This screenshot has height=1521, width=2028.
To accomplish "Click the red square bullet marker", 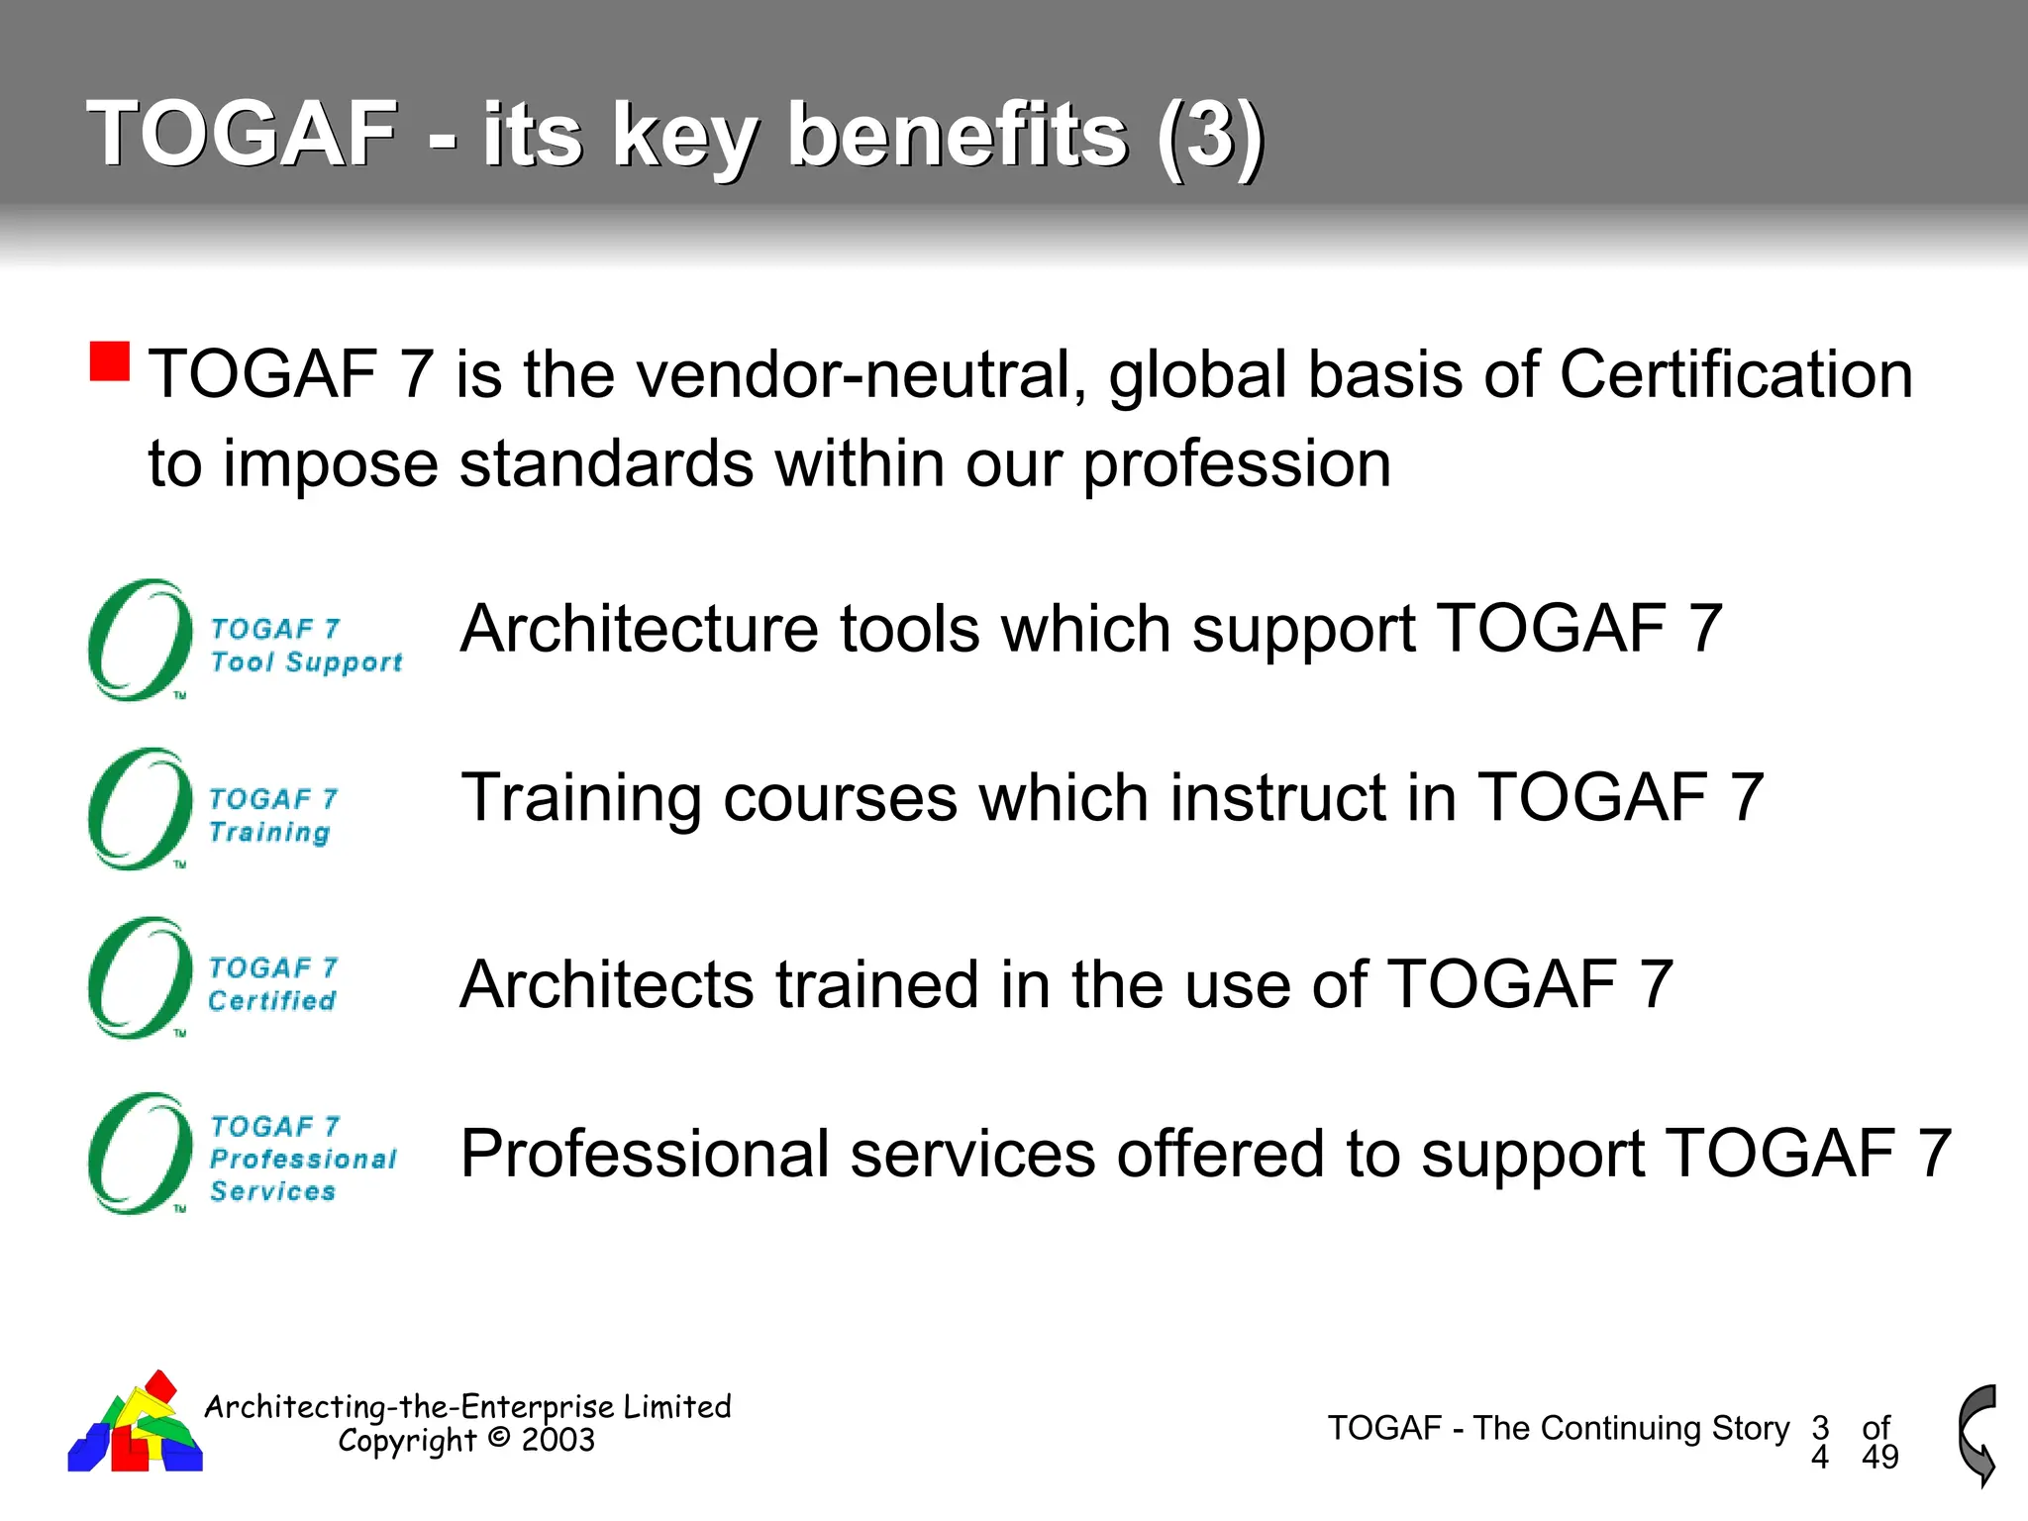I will pyautogui.click(x=110, y=361).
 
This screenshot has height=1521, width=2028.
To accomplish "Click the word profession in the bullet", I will pyautogui.click(x=1237, y=463).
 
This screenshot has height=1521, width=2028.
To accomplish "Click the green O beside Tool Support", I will pyautogui.click(x=140, y=641).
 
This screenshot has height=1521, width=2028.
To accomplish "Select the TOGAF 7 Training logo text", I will pyautogui.click(x=272, y=815).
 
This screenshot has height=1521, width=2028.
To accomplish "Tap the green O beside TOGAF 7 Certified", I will pyautogui.click(x=140, y=978).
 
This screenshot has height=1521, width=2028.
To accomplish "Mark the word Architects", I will pyautogui.click(x=607, y=984).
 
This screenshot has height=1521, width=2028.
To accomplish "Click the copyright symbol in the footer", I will pyautogui.click(x=499, y=1438).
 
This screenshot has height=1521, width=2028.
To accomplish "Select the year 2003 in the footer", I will pyautogui.click(x=558, y=1440).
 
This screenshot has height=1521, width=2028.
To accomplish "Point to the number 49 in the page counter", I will pyautogui.click(x=1879, y=1457).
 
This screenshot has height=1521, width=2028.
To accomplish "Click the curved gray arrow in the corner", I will pyautogui.click(x=1977, y=1435).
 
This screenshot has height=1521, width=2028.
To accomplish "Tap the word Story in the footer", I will pyautogui.click(x=1750, y=1428).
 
